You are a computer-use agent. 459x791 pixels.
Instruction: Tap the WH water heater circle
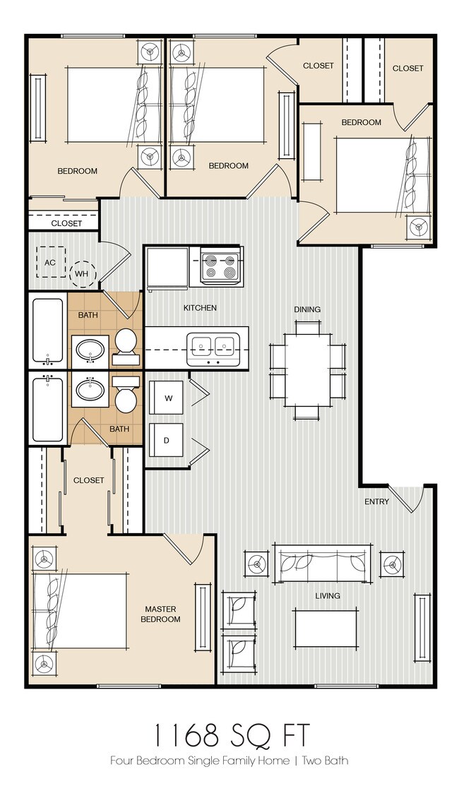(83, 272)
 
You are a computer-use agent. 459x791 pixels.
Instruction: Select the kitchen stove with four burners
(218, 266)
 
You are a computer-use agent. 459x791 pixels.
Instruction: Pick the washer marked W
(168, 398)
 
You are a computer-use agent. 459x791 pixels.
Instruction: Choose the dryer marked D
(167, 441)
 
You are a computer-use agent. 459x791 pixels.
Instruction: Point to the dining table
(307, 370)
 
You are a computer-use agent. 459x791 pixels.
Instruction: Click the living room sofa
(321, 563)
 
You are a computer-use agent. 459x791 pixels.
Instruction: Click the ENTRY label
(376, 502)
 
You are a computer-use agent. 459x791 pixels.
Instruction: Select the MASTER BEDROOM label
(161, 614)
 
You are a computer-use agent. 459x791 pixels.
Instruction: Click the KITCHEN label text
(200, 308)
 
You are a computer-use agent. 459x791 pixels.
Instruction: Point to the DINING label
(307, 309)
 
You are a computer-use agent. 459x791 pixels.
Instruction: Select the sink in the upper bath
(90, 350)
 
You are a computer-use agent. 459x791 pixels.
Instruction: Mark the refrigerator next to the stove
(167, 267)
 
